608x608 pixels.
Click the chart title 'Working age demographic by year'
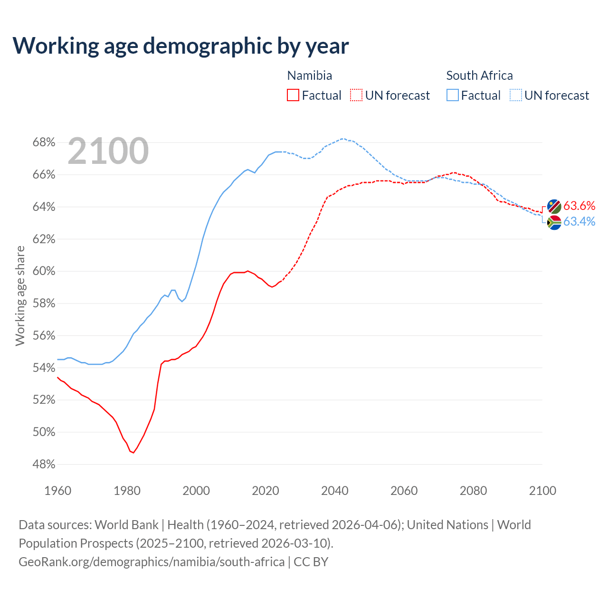[x=180, y=46]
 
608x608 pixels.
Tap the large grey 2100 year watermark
[x=108, y=151]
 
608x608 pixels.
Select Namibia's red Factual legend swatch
[x=293, y=95]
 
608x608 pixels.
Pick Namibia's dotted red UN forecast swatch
[x=356, y=95]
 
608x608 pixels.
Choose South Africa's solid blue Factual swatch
[x=453, y=95]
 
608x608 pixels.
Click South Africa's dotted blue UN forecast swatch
[x=516, y=95]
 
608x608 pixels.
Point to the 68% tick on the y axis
[x=44, y=142]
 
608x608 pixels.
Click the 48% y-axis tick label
[x=44, y=465]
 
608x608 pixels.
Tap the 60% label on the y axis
[x=44, y=271]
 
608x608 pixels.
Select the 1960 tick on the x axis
[x=58, y=491]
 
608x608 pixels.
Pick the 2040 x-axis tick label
[x=335, y=491]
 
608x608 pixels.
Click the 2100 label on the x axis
[x=542, y=491]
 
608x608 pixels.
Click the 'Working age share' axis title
[x=20, y=295]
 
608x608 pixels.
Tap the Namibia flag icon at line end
[x=554, y=207]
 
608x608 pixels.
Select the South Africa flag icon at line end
[x=554, y=222]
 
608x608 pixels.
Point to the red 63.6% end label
[x=579, y=206]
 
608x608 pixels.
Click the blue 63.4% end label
[x=579, y=222]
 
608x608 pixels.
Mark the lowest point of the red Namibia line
[x=133, y=453]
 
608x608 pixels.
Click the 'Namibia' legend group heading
[x=310, y=76]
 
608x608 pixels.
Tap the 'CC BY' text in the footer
[x=311, y=562]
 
